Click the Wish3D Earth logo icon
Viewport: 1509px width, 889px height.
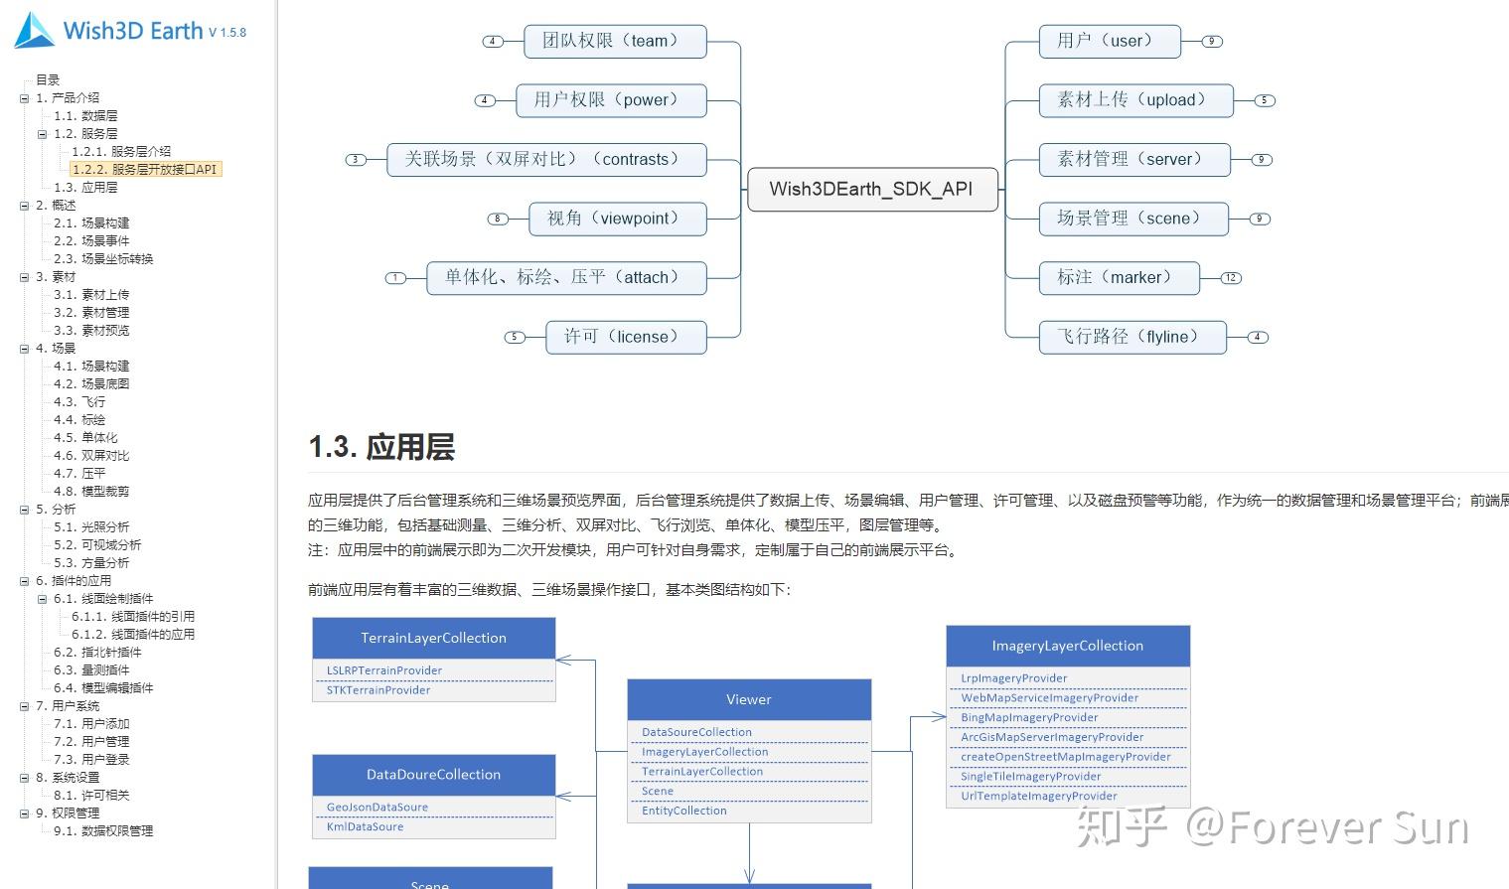coord(35,30)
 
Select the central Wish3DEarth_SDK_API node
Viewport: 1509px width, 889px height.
coord(871,189)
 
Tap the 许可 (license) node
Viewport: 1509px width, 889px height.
coord(625,337)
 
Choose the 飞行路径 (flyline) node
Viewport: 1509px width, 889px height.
coord(1132,337)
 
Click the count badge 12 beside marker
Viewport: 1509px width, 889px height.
coord(1231,278)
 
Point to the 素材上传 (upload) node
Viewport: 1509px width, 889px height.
coord(1135,100)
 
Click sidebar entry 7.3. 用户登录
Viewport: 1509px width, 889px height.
coord(91,759)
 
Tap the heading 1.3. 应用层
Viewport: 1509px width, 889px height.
coord(381,447)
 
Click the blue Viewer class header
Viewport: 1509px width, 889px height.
coord(749,699)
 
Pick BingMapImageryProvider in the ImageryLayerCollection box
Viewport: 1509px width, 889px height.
coord(1029,717)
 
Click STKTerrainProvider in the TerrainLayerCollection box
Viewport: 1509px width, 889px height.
coord(378,690)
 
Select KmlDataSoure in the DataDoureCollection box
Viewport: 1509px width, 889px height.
coord(365,826)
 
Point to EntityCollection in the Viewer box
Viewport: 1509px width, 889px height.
coord(684,811)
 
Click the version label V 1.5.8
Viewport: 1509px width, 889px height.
coord(227,33)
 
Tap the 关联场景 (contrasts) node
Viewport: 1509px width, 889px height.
coord(545,159)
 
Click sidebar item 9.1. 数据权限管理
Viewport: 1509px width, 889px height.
coord(103,830)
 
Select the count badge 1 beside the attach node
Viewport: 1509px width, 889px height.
coord(396,278)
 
